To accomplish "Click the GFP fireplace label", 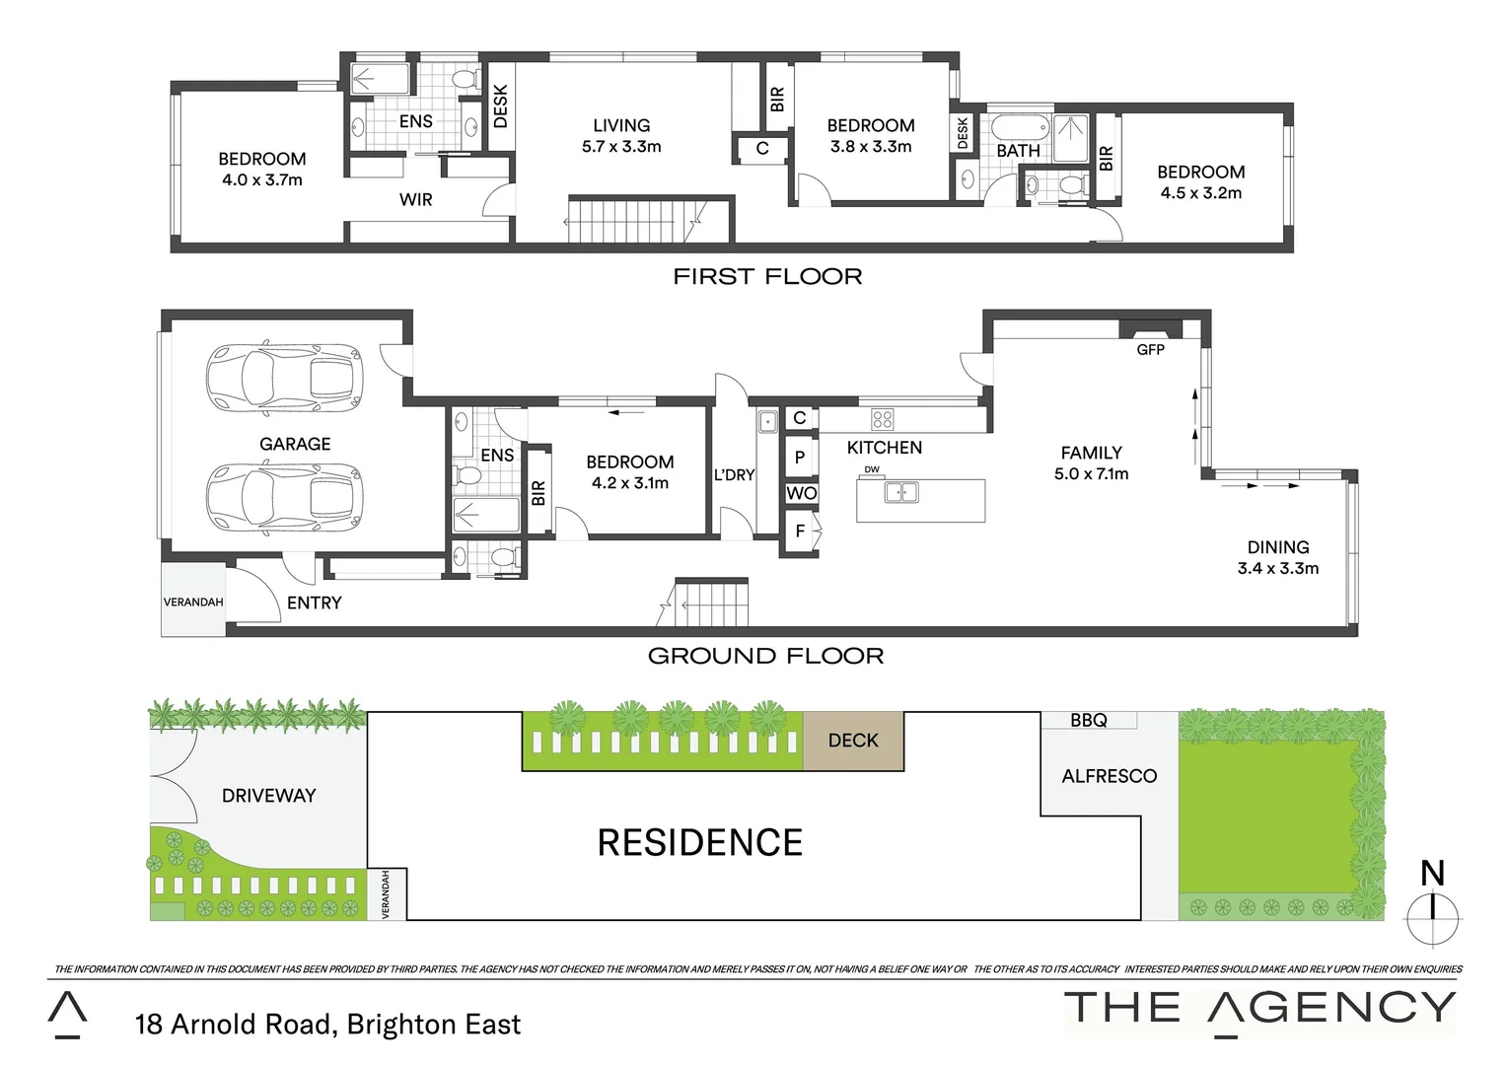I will click(x=1150, y=349).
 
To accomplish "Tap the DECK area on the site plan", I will click(x=853, y=741).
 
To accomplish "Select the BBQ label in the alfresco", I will click(x=1089, y=720).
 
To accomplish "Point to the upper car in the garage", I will click(x=284, y=375).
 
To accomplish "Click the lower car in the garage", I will click(x=284, y=496).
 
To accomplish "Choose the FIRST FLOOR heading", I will click(x=767, y=277).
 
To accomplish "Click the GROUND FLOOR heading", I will click(x=765, y=656).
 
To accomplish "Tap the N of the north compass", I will click(x=1432, y=873).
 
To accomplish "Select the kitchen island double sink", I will click(x=900, y=491).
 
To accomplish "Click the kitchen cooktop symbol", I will click(x=883, y=418).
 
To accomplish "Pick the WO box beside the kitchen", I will click(x=801, y=493).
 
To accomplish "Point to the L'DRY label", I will click(x=734, y=475).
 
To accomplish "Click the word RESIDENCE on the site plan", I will click(x=700, y=843).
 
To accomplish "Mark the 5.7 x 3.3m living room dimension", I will click(x=621, y=147).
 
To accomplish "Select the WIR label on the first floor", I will click(x=415, y=199).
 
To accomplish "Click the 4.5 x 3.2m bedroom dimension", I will click(x=1200, y=193).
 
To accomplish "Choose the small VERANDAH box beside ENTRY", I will click(x=193, y=602).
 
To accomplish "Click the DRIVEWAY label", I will click(x=268, y=796).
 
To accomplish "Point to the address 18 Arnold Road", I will click(x=327, y=1025).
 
